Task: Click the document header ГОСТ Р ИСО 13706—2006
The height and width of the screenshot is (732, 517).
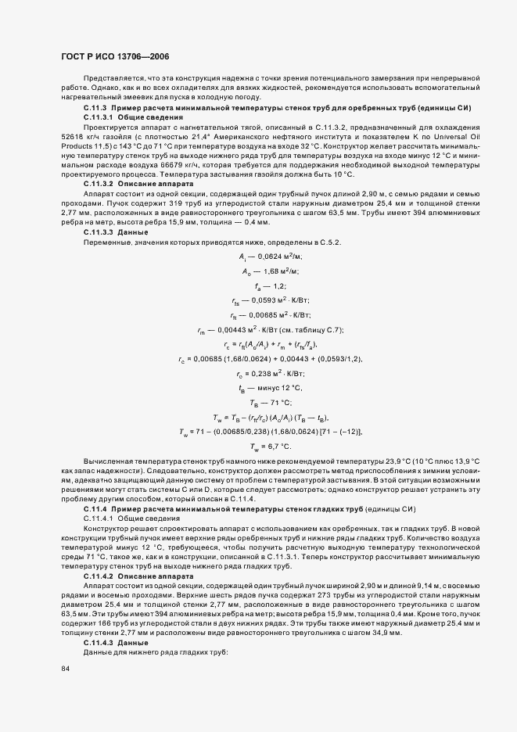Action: (x=114, y=57)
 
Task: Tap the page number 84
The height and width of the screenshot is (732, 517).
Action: (x=66, y=669)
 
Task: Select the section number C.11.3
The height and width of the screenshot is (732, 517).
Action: (x=95, y=106)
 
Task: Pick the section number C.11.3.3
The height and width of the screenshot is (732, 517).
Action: (x=99, y=233)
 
